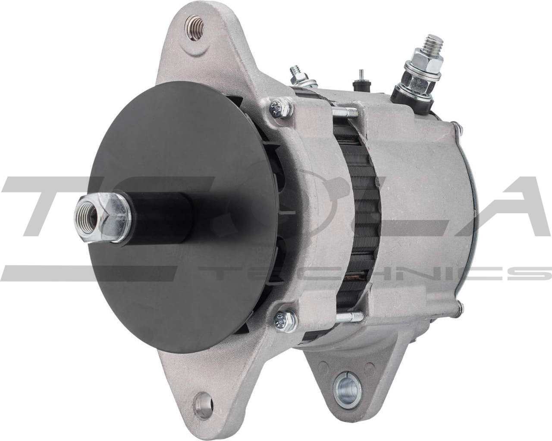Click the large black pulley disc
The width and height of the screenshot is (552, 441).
pyautogui.click(x=181, y=276)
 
